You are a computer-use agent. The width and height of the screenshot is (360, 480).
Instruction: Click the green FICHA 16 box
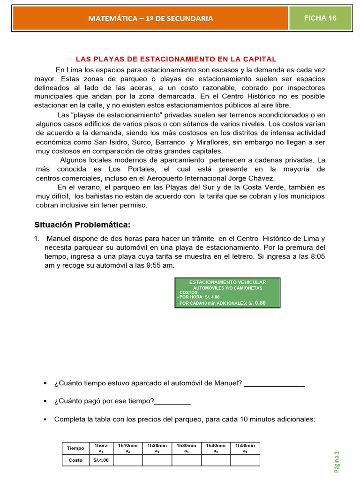tap(320, 18)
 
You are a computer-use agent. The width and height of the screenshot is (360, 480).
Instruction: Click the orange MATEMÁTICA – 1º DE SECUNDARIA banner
tap(150, 18)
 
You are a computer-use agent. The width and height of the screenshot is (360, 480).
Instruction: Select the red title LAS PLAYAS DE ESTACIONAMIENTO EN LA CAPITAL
tap(176, 59)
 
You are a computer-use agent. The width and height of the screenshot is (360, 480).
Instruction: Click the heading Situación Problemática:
tap(81, 224)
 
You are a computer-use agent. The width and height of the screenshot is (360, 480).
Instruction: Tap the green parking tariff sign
tap(227, 292)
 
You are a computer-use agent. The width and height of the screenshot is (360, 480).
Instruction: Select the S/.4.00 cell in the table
tap(99, 460)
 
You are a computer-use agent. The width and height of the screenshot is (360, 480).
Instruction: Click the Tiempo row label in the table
tap(76, 448)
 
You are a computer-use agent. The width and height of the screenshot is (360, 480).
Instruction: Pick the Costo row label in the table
tap(75, 460)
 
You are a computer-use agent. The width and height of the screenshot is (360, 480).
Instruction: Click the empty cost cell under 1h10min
tap(128, 460)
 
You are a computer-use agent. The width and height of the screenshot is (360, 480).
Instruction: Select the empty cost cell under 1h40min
tap(216, 460)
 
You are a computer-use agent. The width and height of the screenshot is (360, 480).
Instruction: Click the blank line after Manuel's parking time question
tap(274, 384)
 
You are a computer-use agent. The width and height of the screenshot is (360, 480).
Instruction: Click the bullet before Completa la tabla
tap(45, 419)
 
